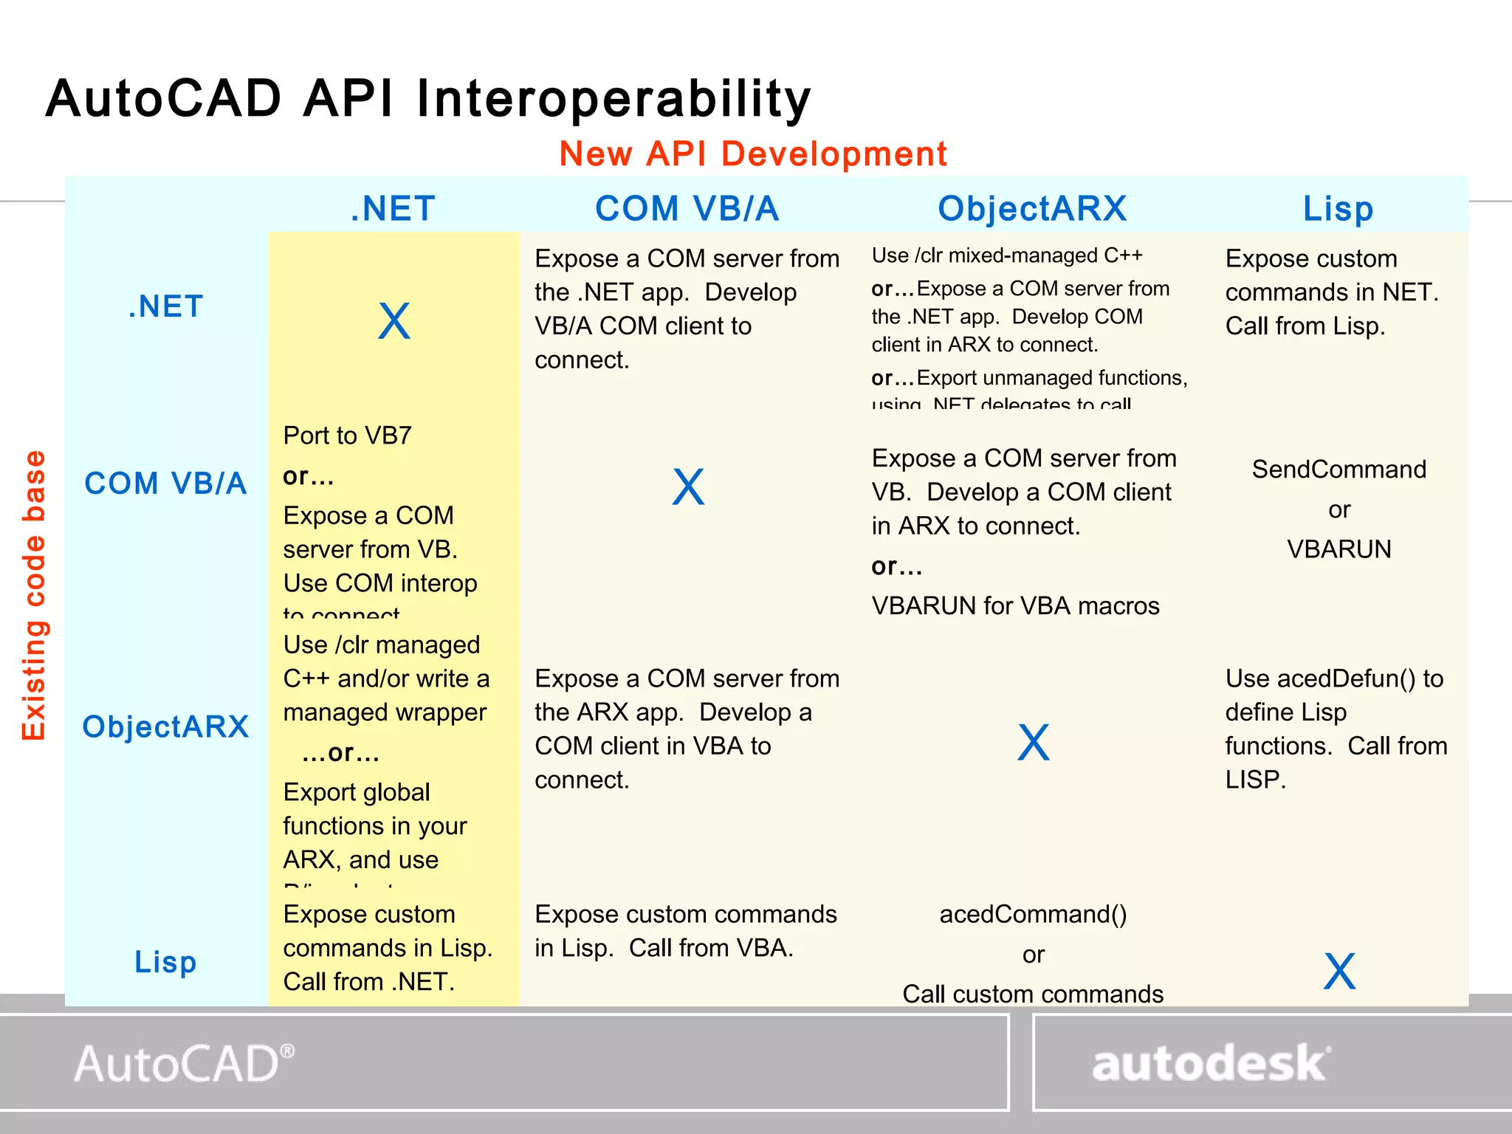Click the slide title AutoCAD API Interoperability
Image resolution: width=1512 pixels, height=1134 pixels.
(428, 99)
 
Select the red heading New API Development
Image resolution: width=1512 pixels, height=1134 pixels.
(752, 154)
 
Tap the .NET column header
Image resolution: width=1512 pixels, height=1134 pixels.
(393, 209)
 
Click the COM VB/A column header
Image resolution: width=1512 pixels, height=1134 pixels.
(687, 209)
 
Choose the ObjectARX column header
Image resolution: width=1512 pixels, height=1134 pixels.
(1032, 209)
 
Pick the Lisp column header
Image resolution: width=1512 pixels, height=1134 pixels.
(1338, 209)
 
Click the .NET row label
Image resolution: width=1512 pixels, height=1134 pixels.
(166, 306)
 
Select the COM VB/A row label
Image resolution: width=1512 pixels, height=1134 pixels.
(165, 484)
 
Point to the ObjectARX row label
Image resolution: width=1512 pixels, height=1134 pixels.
(165, 727)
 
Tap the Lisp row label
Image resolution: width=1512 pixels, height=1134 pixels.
(165, 962)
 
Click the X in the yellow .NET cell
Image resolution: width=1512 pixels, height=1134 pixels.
(394, 322)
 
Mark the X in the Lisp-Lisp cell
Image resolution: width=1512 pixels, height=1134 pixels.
(1339, 972)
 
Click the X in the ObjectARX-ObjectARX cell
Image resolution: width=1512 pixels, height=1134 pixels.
(1033, 743)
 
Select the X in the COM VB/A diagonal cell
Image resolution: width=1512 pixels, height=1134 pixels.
(688, 487)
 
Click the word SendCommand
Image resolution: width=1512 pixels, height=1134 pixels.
(1339, 470)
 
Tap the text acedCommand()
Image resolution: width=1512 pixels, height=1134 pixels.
(1033, 915)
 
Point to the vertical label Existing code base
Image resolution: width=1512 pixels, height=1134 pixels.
(34, 594)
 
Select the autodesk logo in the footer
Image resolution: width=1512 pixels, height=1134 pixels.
(1211, 1064)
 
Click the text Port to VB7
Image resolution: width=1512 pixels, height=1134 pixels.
(347, 436)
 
